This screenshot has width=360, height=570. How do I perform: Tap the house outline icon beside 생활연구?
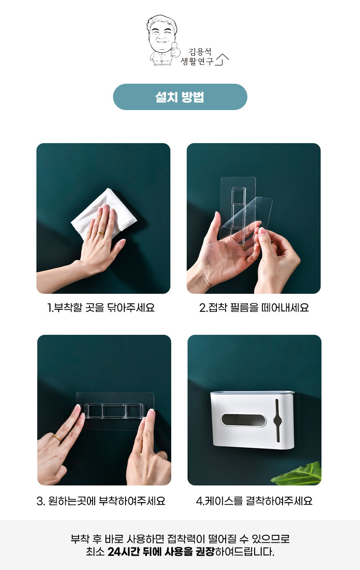[222, 59]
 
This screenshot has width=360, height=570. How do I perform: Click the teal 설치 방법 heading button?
[180, 97]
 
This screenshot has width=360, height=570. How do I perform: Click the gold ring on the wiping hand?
[100, 233]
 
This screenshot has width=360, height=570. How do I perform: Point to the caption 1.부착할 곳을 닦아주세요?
[101, 308]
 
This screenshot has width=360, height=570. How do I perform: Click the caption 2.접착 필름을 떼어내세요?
[254, 308]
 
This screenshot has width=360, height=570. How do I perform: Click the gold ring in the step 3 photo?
[57, 438]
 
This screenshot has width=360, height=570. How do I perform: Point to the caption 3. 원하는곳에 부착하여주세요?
[101, 501]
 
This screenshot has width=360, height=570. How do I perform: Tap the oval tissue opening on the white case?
[244, 420]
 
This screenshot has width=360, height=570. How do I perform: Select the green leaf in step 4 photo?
[298, 474]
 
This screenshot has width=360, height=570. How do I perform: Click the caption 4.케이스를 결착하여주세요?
[254, 501]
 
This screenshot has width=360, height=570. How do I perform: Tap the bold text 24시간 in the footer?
[123, 552]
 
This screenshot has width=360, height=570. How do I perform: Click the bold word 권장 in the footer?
[205, 552]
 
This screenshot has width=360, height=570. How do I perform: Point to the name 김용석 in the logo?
[200, 52]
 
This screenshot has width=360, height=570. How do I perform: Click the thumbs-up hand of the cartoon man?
[175, 50]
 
